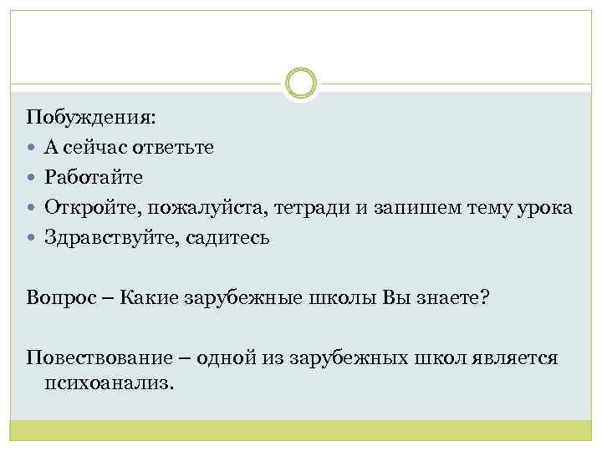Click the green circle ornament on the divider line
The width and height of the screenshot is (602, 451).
point(301,84)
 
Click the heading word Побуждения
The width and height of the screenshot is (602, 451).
point(89,117)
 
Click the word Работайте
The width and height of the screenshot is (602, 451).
point(94,177)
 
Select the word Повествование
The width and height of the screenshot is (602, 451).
point(97,357)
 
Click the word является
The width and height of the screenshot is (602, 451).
point(512,358)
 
